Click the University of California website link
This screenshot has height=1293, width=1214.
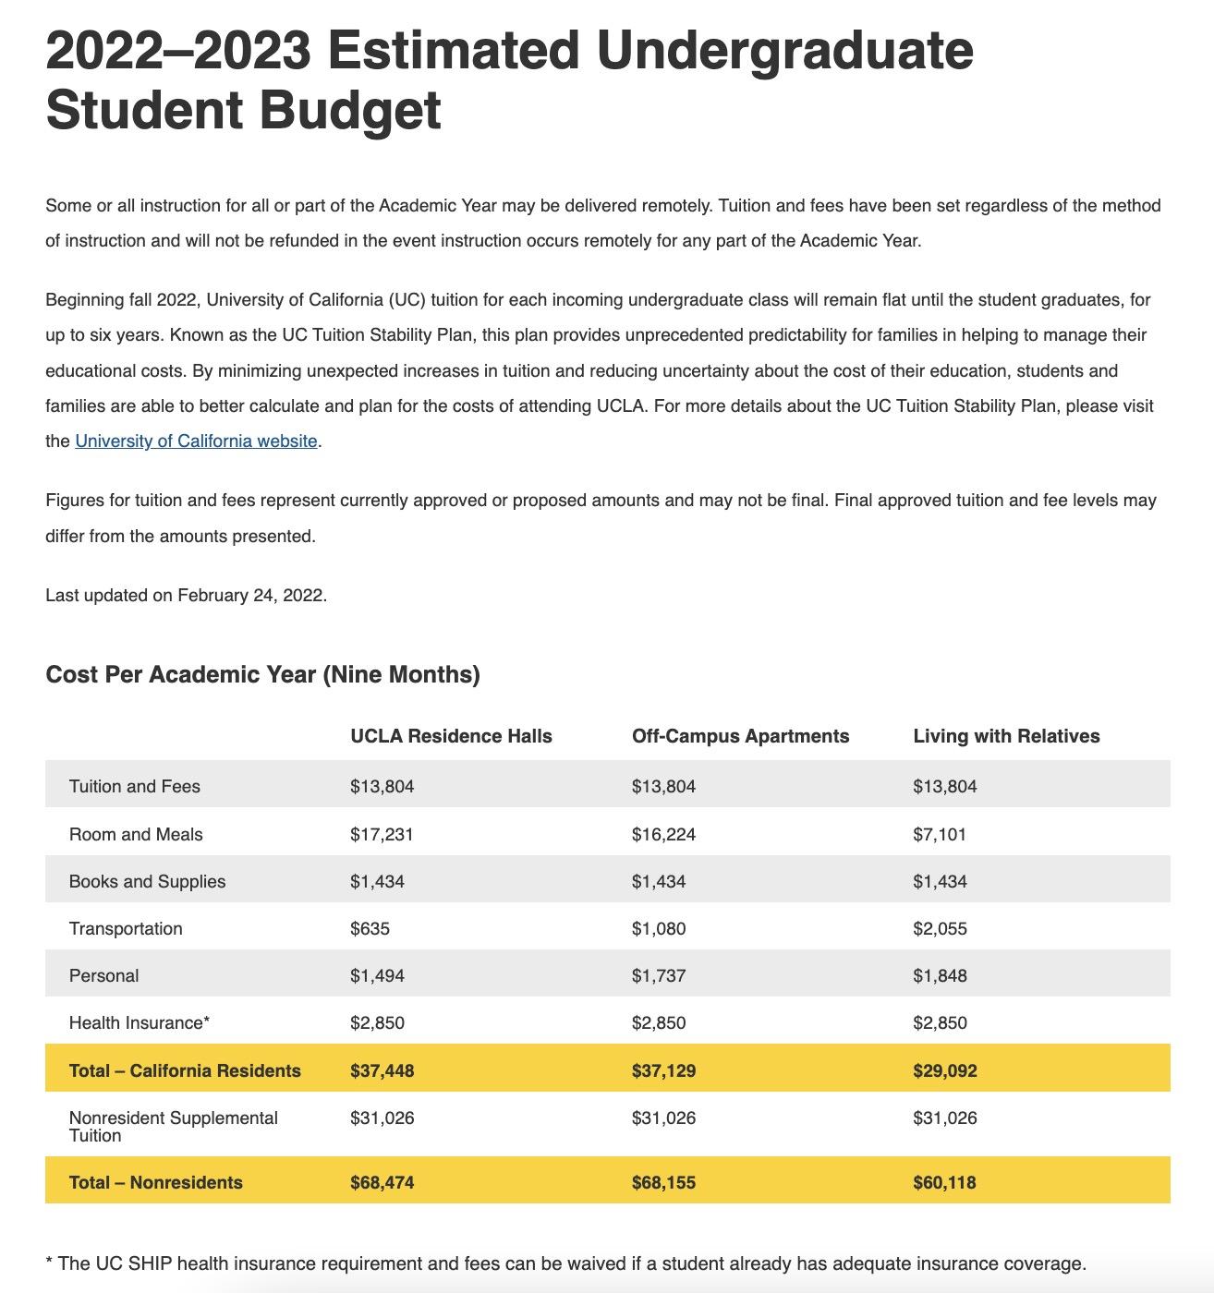196,441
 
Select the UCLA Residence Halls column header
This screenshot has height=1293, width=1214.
451,736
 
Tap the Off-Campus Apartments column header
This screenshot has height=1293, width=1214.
740,736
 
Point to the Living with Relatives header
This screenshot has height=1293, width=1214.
1006,736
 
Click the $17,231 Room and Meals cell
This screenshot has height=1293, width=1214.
382,834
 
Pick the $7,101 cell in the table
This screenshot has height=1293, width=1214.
940,834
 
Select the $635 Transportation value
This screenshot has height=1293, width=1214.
370,928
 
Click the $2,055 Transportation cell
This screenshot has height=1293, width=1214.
940,928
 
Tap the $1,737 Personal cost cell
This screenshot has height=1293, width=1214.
659,975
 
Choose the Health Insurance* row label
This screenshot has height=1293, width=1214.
140,1022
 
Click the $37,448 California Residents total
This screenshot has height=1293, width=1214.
382,1070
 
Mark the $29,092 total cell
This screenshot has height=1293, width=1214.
944,1070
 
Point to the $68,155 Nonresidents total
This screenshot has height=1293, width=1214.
663,1182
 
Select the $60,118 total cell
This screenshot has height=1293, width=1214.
944,1182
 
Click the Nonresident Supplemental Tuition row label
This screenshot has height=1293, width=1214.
173,1126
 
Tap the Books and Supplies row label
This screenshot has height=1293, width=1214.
147,881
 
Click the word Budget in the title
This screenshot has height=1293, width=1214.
349,110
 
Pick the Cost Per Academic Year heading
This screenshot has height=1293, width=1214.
262,674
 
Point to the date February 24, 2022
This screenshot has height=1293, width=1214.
250,596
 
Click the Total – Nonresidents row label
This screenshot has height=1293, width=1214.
155,1182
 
